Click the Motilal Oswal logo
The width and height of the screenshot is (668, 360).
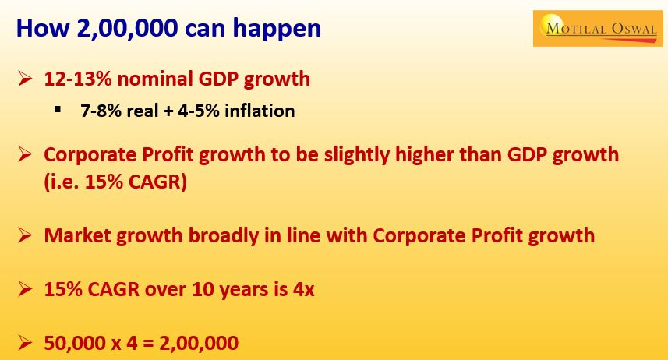pyautogui.click(x=598, y=29)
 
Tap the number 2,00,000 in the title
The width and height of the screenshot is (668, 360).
pyautogui.click(x=127, y=29)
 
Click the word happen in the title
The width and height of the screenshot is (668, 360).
pyautogui.click(x=277, y=30)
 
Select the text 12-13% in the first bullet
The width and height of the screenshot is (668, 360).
pyautogui.click(x=77, y=79)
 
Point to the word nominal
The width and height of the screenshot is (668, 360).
pyautogui.click(x=154, y=79)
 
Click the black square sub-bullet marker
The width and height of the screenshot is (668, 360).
pyautogui.click(x=58, y=110)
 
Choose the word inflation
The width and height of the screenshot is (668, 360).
pyautogui.click(x=260, y=111)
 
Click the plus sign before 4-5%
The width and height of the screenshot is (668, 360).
pyautogui.click(x=168, y=111)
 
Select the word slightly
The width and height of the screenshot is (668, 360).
pyautogui.click(x=356, y=154)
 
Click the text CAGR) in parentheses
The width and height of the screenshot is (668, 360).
pyautogui.click(x=157, y=182)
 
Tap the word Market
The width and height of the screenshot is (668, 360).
pyautogui.click(x=77, y=235)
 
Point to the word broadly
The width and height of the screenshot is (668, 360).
pyautogui.click(x=223, y=236)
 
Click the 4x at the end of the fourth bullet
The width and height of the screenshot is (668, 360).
pyautogui.click(x=303, y=290)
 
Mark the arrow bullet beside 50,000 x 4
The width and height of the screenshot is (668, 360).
pyautogui.click(x=25, y=343)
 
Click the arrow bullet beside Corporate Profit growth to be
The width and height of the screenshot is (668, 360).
pyautogui.click(x=25, y=154)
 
